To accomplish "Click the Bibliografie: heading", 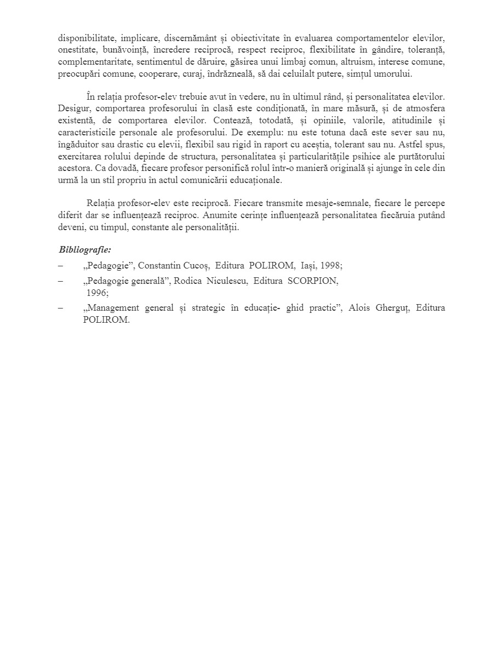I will [85, 250].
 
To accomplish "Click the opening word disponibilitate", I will [85, 39].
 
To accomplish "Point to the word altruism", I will [321, 62].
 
